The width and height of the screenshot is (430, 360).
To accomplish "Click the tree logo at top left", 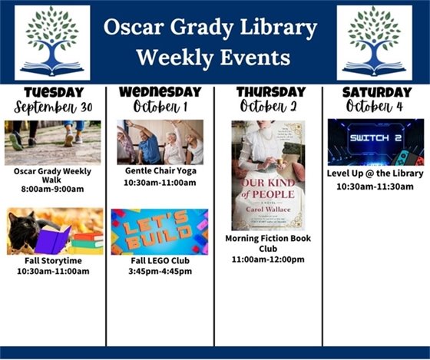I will tap(52, 43).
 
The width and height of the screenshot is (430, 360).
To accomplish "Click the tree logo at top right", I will tap(375, 43).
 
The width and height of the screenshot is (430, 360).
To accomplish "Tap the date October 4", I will tap(375, 107).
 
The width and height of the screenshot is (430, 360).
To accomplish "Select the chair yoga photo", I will tap(160, 142).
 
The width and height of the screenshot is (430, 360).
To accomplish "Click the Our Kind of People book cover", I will tap(268, 175).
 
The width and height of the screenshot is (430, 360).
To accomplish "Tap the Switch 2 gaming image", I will tap(375, 142).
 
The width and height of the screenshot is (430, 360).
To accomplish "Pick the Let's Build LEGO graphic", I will tap(159, 232).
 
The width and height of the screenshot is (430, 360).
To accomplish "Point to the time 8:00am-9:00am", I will tap(52, 189).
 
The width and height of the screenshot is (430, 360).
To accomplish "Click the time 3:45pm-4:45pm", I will tap(160, 271).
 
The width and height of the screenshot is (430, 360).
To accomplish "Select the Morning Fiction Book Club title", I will tap(268, 244).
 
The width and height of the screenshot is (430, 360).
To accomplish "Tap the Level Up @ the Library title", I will tap(375, 173).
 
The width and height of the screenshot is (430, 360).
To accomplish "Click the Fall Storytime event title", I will tap(52, 261).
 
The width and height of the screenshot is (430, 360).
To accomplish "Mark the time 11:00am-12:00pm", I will tap(268, 259).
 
